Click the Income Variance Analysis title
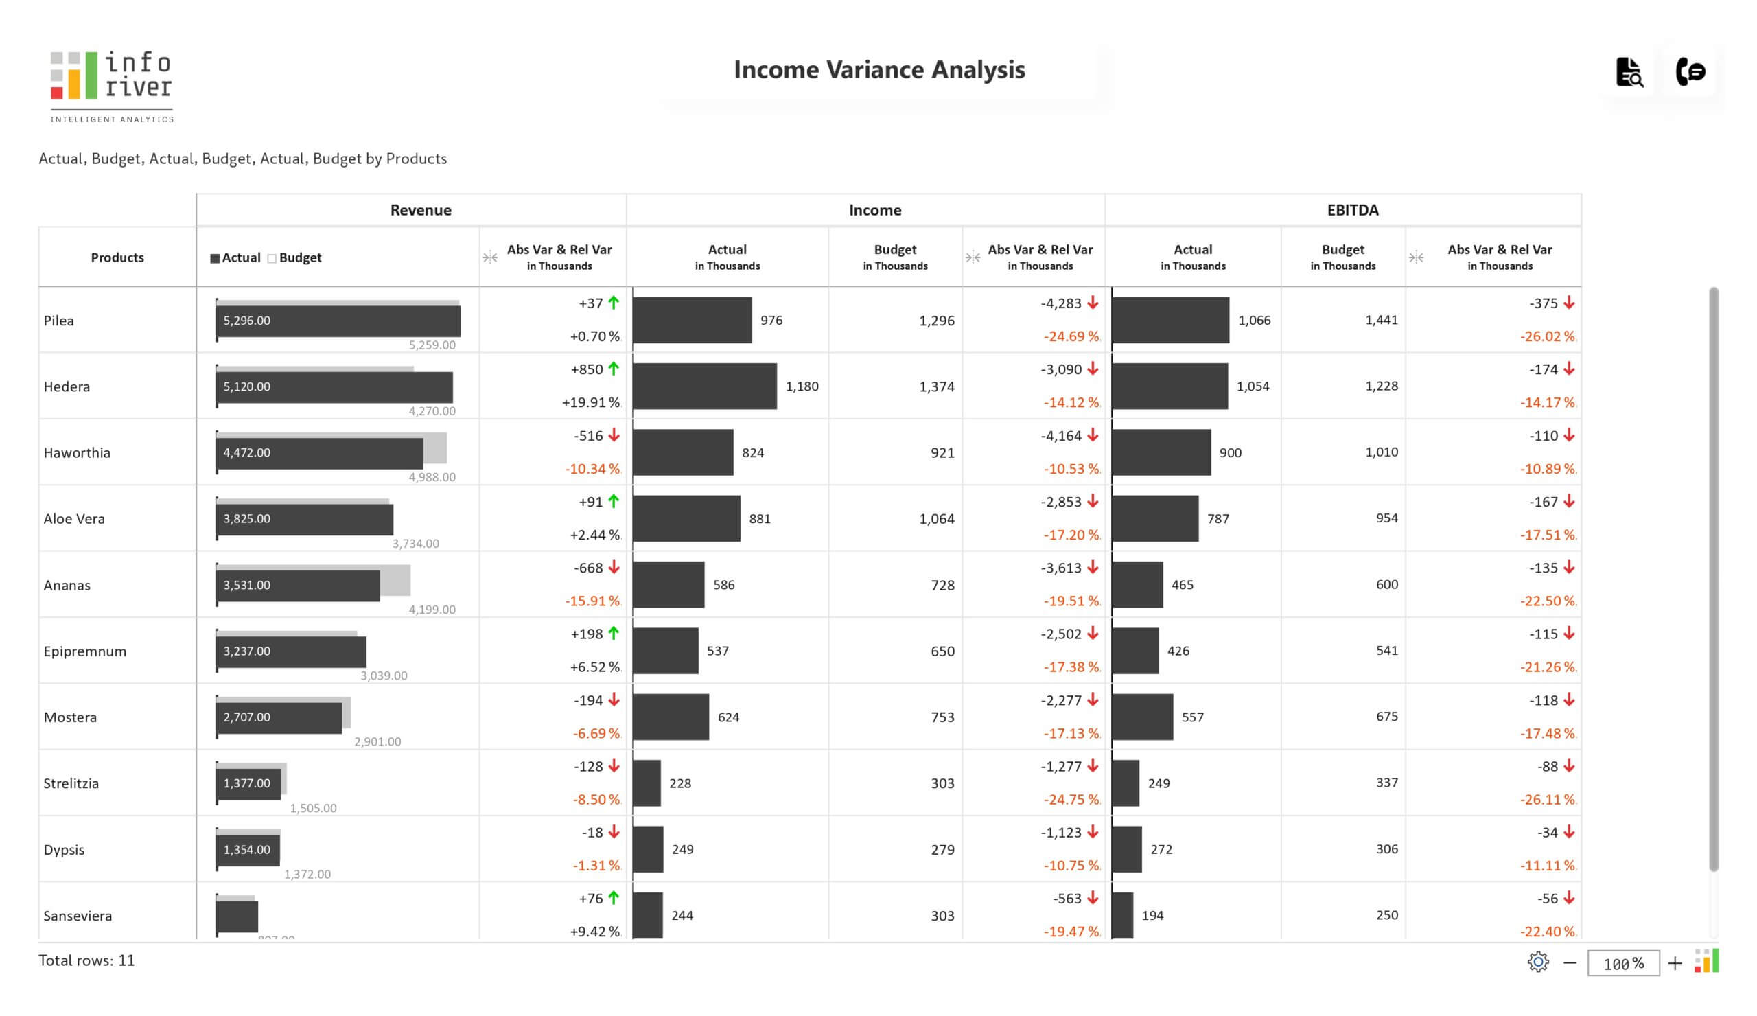(878, 70)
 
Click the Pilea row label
(58, 321)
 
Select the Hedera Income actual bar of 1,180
(704, 386)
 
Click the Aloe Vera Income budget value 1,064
(935, 519)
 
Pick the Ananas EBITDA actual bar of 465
(1137, 584)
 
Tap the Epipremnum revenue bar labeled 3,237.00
(291, 651)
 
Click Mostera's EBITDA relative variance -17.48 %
(1546, 734)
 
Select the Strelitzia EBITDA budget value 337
(1386, 783)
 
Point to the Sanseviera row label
(78, 916)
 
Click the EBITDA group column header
(1352, 210)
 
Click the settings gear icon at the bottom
(1537, 962)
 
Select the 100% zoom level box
(1622, 964)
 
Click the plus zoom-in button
(1674, 964)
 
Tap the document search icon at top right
(1629, 72)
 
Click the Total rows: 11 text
(86, 960)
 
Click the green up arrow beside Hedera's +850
(614, 369)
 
